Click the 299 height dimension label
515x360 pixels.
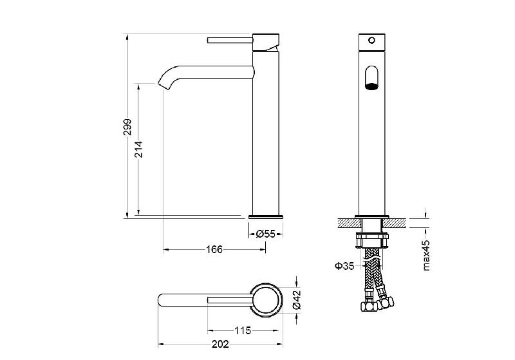[127, 127]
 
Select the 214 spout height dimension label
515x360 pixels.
[139, 149]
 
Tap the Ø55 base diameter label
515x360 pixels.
[265, 234]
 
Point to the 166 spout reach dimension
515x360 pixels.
[214, 250]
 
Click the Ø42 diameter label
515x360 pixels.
[296, 299]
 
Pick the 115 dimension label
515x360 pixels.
[243, 330]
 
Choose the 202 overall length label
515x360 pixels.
[220, 345]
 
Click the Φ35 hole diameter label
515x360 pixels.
[344, 266]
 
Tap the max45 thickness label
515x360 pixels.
[426, 255]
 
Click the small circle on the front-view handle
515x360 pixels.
[372, 41]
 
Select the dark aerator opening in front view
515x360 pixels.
[372, 86]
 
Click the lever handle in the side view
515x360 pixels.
[230, 40]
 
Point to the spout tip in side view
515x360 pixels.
[163, 86]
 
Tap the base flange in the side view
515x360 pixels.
[266, 217]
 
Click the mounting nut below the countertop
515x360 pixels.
[372, 240]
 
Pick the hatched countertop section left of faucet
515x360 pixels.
[350, 223]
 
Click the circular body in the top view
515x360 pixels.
[267, 299]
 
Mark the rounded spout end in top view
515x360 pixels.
[162, 300]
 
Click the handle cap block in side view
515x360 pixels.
[266, 42]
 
